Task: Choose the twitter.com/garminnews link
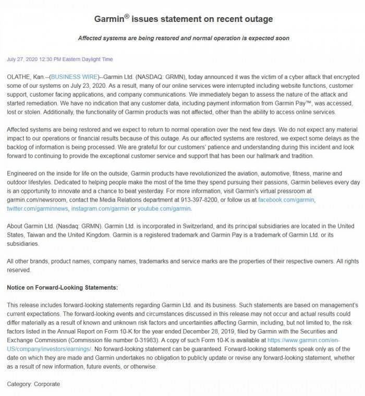(36, 209)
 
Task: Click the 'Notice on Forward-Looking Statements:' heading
(63, 287)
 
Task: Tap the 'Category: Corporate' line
(33, 385)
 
